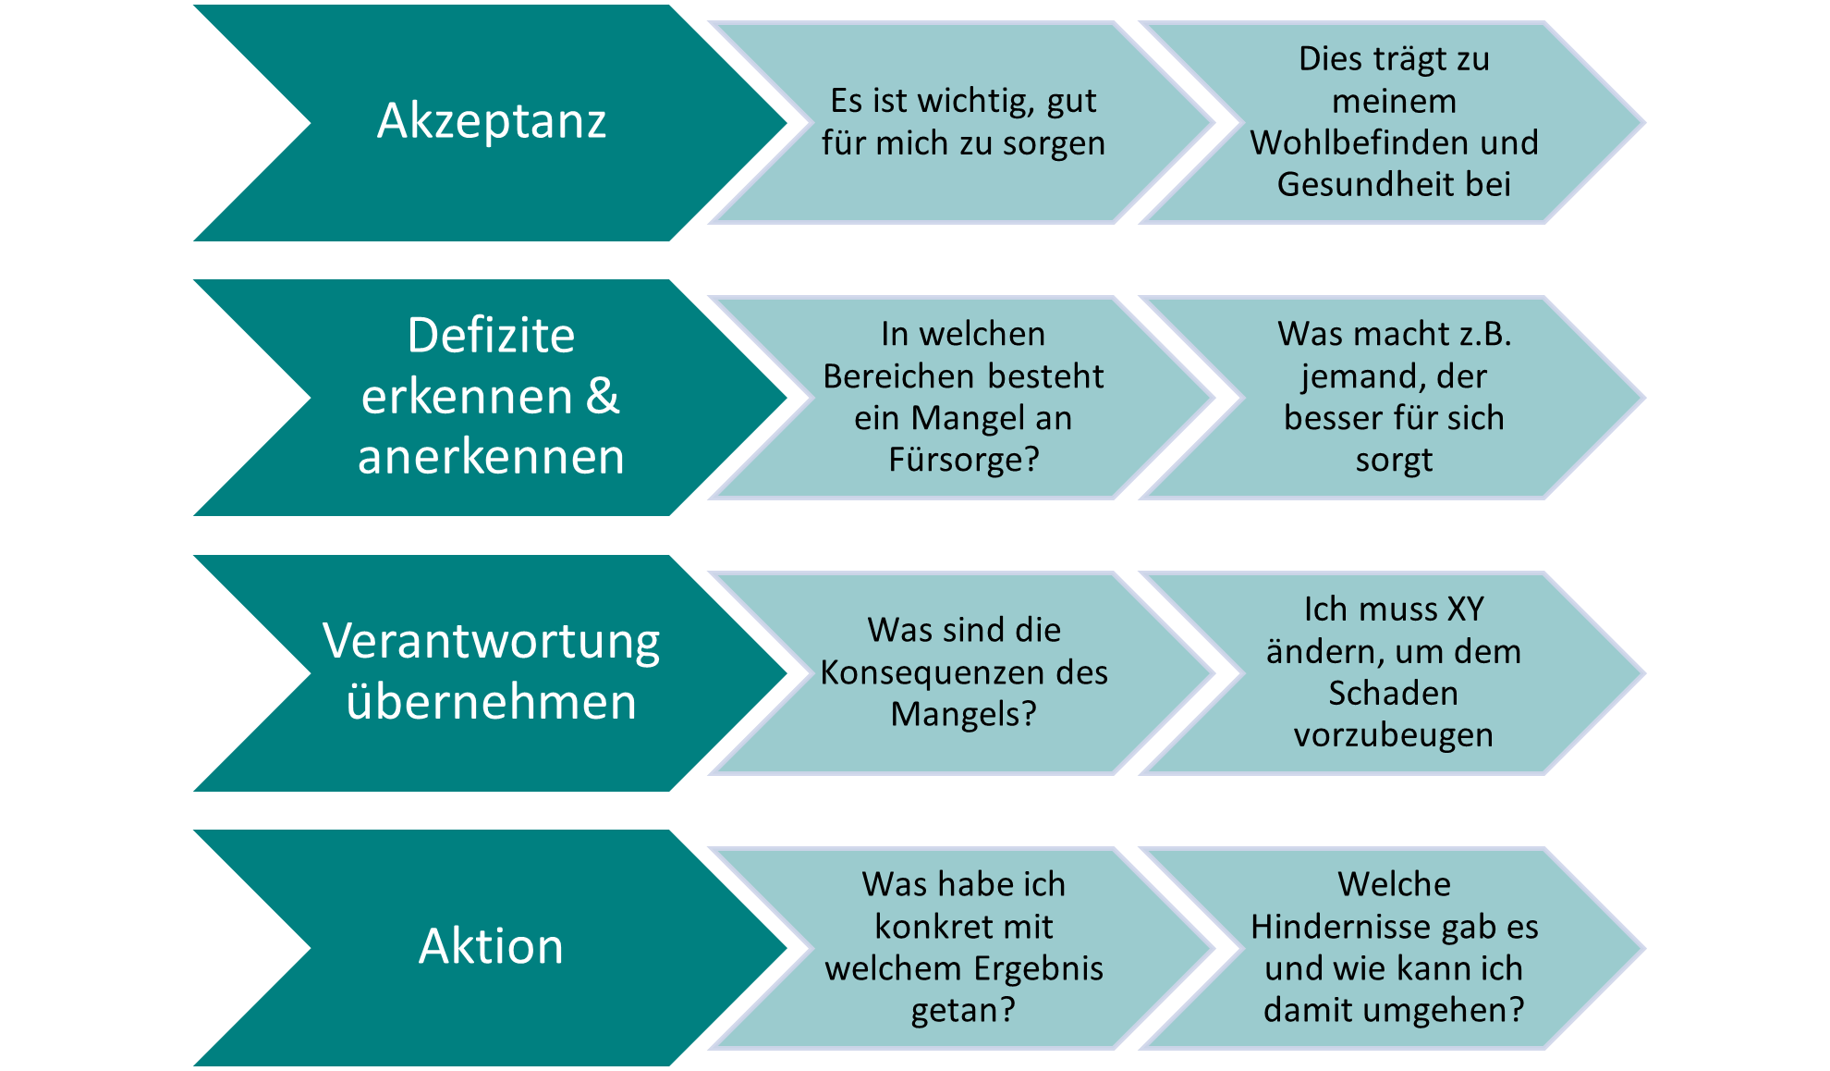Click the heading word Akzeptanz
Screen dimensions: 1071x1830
[492, 121]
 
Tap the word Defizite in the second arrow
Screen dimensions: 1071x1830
[491, 335]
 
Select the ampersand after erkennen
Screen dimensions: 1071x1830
[602, 396]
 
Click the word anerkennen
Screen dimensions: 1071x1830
[491, 457]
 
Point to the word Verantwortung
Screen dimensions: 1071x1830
[491, 641]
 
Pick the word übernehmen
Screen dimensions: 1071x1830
[491, 702]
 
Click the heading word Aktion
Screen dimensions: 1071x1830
[491, 946]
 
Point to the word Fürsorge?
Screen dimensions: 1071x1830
[964, 460]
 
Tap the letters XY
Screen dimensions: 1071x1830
[1465, 609]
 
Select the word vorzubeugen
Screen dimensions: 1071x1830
[1393, 735]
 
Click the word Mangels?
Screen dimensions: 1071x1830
[964, 714]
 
